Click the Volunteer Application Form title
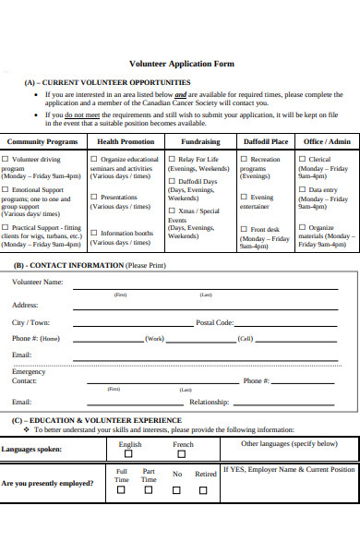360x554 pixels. (181, 64)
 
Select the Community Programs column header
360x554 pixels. (43, 141)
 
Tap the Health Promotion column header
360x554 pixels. (125, 141)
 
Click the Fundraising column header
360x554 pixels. (199, 141)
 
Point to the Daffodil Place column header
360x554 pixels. (265, 141)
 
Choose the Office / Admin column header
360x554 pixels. (326, 141)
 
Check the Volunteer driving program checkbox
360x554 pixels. (6, 160)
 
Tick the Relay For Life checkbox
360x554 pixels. (172, 159)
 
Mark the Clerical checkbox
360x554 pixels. (302, 159)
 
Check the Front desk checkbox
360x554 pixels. (244, 229)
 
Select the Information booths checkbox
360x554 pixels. (94, 233)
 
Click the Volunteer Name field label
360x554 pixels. (38, 282)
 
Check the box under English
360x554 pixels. (129, 454)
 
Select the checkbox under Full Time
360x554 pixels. (121, 490)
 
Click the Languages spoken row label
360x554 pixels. (32, 449)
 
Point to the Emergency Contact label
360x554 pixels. (28, 376)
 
